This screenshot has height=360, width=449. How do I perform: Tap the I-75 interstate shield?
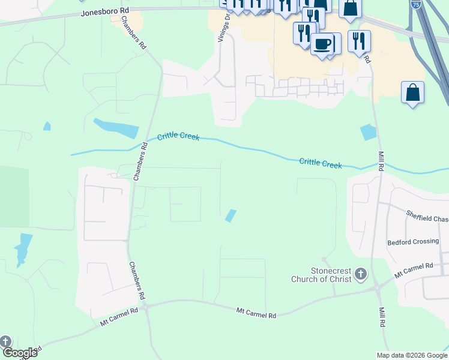[x=416, y=4]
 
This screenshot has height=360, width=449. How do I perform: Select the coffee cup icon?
[x=322, y=44]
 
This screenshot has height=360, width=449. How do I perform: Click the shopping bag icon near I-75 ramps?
[x=412, y=93]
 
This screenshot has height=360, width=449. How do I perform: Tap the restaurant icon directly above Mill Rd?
[x=359, y=41]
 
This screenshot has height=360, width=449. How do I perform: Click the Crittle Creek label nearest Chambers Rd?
[x=178, y=137]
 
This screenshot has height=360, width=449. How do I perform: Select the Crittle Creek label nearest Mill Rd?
[x=320, y=163]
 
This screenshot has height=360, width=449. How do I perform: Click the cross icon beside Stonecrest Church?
[x=360, y=275]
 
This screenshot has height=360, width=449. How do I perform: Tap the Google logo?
[x=19, y=353]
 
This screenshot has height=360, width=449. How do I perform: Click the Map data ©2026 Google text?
[x=411, y=355]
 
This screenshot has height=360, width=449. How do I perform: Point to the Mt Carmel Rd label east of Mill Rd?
[x=414, y=270]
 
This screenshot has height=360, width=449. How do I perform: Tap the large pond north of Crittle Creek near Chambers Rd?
[x=116, y=128]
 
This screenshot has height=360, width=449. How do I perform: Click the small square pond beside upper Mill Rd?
[x=367, y=132]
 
